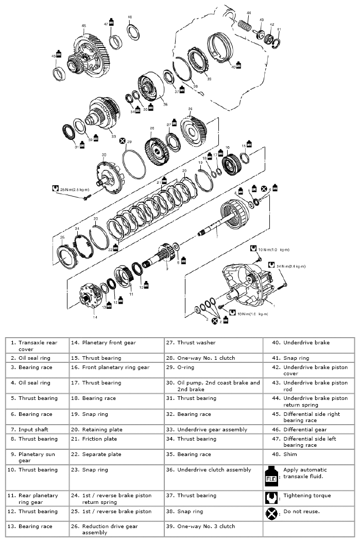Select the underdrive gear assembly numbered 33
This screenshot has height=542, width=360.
click(102, 114)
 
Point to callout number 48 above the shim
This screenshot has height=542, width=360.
click(129, 17)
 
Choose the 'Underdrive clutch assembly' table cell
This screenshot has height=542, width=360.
click(214, 469)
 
